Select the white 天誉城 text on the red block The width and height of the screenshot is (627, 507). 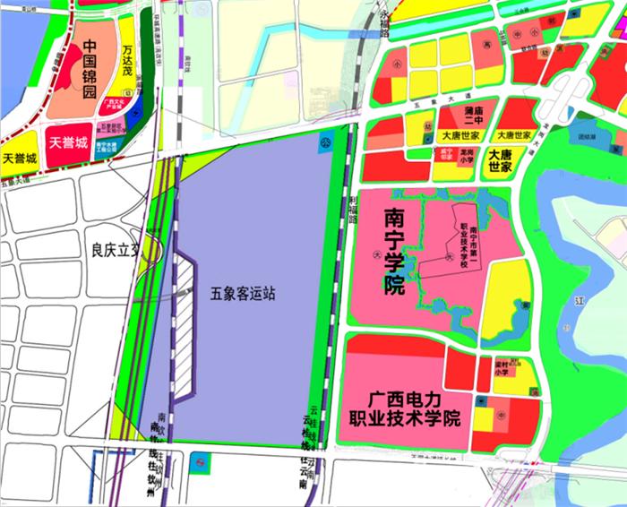[x=68, y=142]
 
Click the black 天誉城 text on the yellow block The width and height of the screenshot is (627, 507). [x=20, y=159]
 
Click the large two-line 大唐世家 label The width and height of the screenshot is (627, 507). [x=500, y=160]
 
